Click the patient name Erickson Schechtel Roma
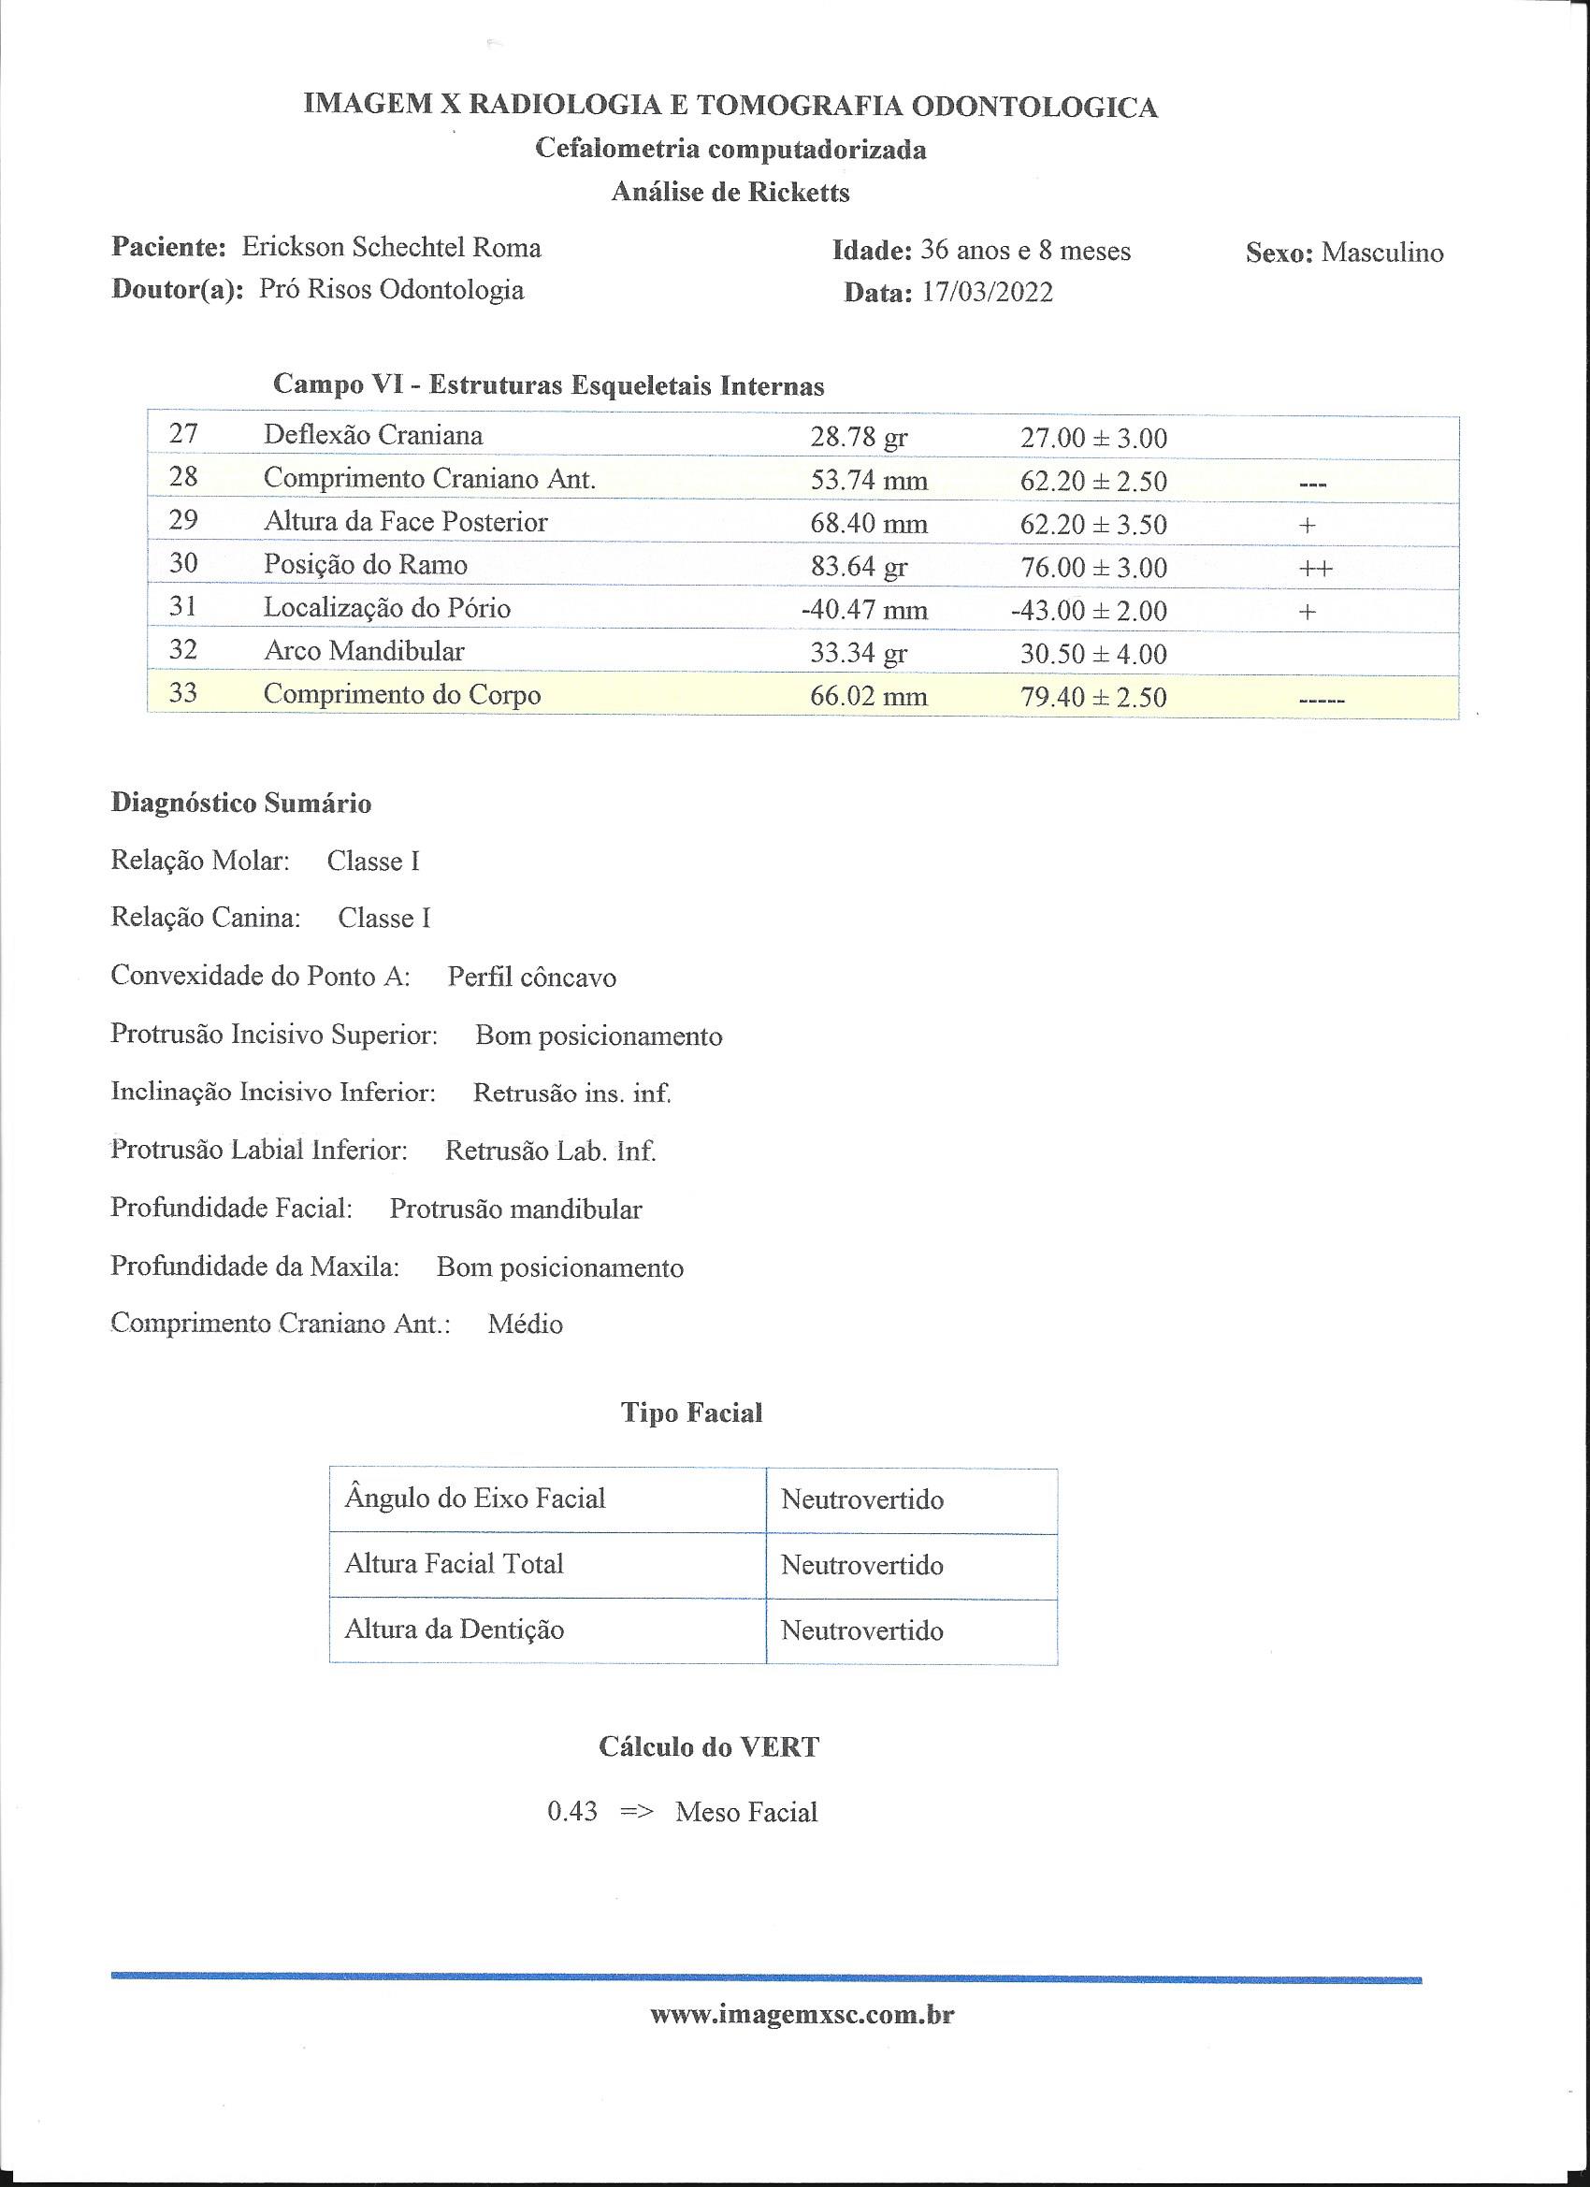pyautogui.click(x=391, y=248)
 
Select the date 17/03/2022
pyautogui.click(x=987, y=292)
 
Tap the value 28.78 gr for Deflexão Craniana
pyautogui.click(x=859, y=438)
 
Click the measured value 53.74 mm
pyautogui.click(x=868, y=480)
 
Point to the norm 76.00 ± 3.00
pyautogui.click(x=1092, y=567)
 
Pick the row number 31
pyautogui.click(x=183, y=606)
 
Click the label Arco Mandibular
pyautogui.click(x=364, y=651)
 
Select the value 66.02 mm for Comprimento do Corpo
pyautogui.click(x=868, y=696)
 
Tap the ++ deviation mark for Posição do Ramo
pyautogui.click(x=1315, y=568)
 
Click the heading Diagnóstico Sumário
pyautogui.click(x=241, y=804)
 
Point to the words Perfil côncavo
pyautogui.click(x=531, y=978)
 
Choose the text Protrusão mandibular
pyautogui.click(x=515, y=1209)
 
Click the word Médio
pyautogui.click(x=525, y=1324)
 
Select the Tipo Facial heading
pyautogui.click(x=691, y=1413)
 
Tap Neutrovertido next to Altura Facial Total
pyautogui.click(x=861, y=1565)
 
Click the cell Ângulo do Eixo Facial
pyautogui.click(x=474, y=1499)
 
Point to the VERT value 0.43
pyautogui.click(x=571, y=1812)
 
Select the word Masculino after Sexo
pyautogui.click(x=1381, y=253)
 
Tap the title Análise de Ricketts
pyautogui.click(x=730, y=193)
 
